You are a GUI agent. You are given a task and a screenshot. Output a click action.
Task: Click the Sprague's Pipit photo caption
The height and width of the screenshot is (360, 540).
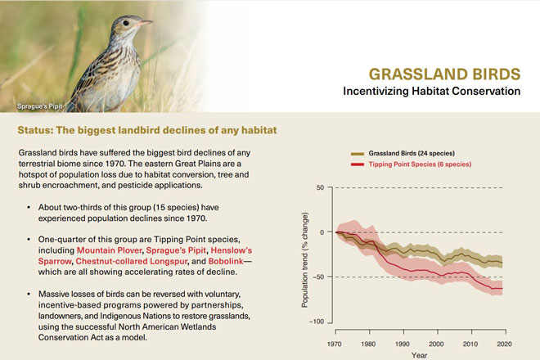(42, 107)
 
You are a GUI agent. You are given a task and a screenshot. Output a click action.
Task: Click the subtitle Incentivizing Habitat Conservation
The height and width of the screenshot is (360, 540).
(432, 91)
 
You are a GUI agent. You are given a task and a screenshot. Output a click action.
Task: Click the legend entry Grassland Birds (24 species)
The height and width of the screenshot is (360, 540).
(411, 153)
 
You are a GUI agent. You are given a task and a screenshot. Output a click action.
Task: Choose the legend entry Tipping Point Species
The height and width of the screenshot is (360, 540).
(416, 164)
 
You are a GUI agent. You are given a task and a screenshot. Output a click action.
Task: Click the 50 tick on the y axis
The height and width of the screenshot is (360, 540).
(321, 187)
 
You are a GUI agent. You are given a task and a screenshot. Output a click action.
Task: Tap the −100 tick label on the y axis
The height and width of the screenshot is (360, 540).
(316, 322)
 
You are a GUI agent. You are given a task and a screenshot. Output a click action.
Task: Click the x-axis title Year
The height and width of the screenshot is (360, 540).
(419, 355)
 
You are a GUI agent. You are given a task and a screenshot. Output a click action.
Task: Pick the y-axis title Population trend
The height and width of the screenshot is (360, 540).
(305, 255)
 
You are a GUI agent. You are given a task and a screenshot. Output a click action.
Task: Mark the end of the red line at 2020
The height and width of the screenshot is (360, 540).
(502, 289)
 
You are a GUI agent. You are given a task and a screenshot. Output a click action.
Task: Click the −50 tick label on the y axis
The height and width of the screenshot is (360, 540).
(318, 277)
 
